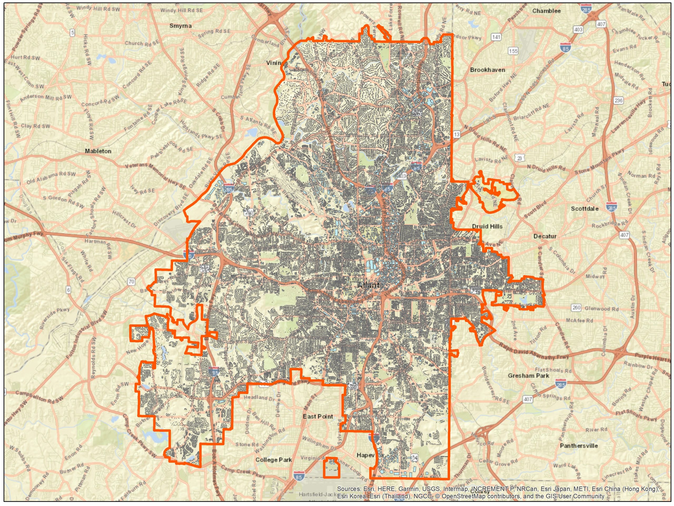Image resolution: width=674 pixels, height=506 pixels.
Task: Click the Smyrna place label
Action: pyautogui.click(x=180, y=26)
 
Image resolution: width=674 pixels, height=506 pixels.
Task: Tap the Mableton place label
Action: pyautogui.click(x=98, y=151)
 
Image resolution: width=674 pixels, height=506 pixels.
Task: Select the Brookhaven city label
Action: pyautogui.click(x=488, y=70)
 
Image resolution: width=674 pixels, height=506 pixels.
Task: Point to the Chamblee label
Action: pyautogui.click(x=546, y=11)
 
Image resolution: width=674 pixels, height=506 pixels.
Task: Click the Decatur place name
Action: pyautogui.click(x=545, y=236)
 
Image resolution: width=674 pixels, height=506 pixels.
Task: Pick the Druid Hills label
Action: pyautogui.click(x=487, y=226)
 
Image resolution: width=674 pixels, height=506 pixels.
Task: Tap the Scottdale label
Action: pyautogui.click(x=584, y=209)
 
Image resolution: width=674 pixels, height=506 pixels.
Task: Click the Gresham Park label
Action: pyautogui.click(x=528, y=376)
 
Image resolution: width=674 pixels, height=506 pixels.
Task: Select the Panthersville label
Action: pyautogui.click(x=579, y=446)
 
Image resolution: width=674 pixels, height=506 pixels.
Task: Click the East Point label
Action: pyautogui.click(x=318, y=416)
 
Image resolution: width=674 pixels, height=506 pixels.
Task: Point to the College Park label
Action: pyautogui.click(x=274, y=460)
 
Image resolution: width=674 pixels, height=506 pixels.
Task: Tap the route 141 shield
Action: pyautogui.click(x=496, y=37)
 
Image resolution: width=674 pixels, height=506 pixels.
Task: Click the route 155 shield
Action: pyautogui.click(x=513, y=51)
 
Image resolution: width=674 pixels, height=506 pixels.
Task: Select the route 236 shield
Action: pyautogui.click(x=618, y=100)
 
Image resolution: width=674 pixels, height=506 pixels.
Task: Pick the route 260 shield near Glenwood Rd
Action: pyautogui.click(x=576, y=308)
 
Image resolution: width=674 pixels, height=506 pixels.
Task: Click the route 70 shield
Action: pyautogui.click(x=131, y=281)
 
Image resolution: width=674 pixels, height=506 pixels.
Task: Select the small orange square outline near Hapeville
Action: pyautogui.click(x=331, y=467)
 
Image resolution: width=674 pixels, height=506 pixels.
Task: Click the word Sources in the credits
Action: pyautogui.click(x=349, y=489)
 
